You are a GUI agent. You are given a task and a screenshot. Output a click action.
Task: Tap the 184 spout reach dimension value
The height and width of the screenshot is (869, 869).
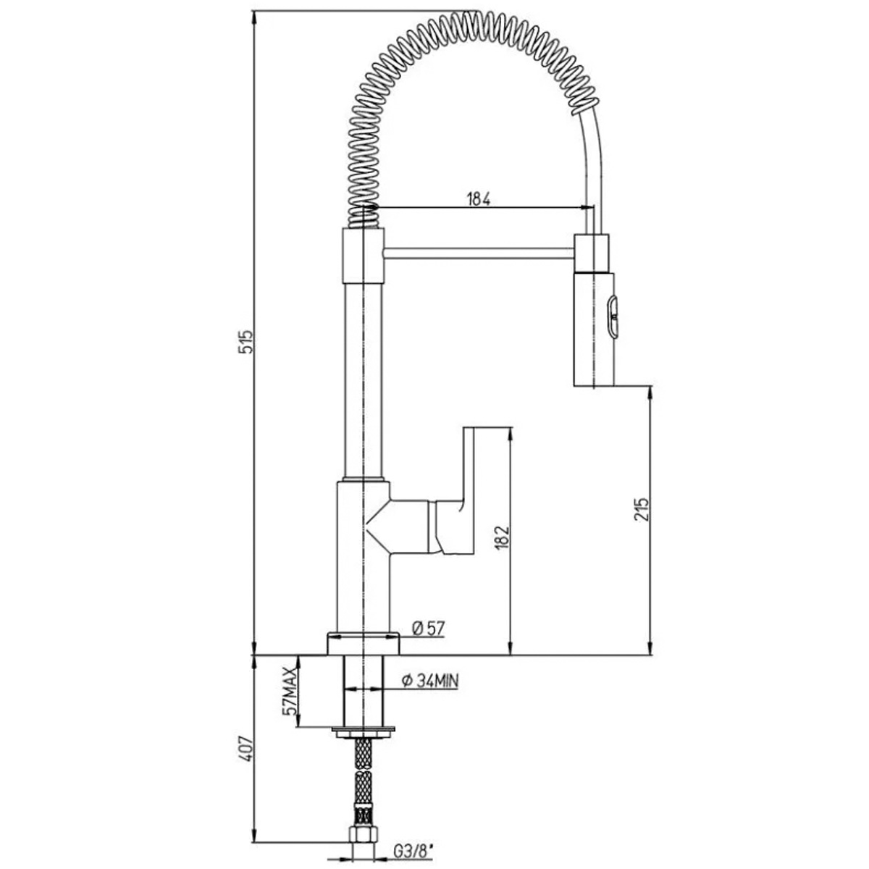click(479, 198)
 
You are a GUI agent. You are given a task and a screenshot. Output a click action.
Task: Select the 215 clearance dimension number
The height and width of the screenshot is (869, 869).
click(640, 509)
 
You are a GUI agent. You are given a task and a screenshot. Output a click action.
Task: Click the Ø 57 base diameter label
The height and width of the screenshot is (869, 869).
click(429, 628)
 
